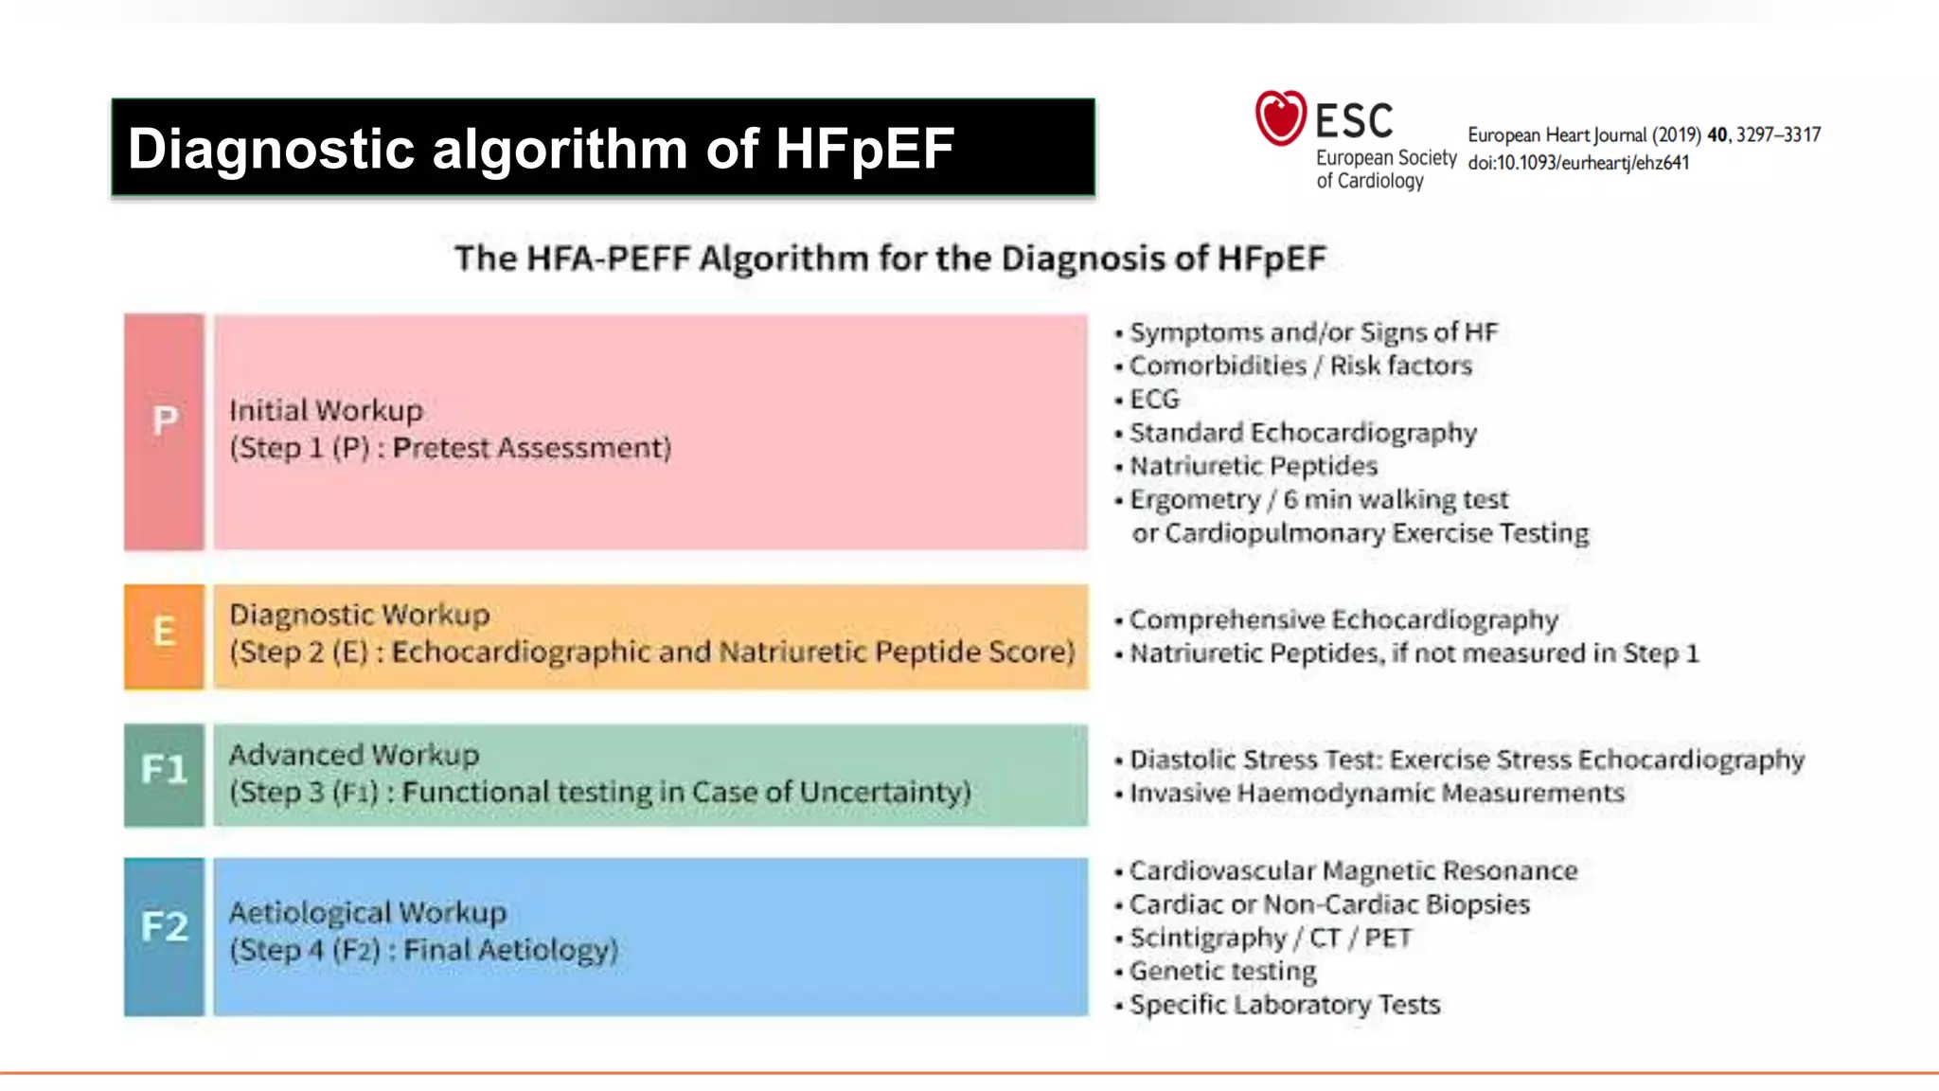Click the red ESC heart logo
(x=1280, y=118)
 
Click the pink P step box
(x=164, y=432)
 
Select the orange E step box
(x=164, y=635)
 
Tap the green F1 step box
(x=164, y=775)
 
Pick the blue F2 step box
(x=164, y=936)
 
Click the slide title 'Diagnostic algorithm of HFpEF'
(x=541, y=149)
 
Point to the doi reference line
(x=1577, y=163)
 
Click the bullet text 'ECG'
(x=1154, y=400)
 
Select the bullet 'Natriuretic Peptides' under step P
(x=1253, y=466)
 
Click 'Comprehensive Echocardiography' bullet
(x=1343, y=619)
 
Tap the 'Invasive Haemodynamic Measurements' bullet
(x=1377, y=793)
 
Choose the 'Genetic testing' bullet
(x=1222, y=971)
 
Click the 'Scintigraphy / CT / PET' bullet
(x=1270, y=938)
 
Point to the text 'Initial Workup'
(x=326, y=411)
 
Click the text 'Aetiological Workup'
(x=367, y=912)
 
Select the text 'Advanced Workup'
(x=354, y=755)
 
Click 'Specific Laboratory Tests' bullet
(x=1284, y=1004)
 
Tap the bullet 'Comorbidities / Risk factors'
(x=1300, y=366)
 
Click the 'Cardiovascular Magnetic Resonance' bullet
(x=1353, y=870)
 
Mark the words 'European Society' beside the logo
(x=1385, y=158)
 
